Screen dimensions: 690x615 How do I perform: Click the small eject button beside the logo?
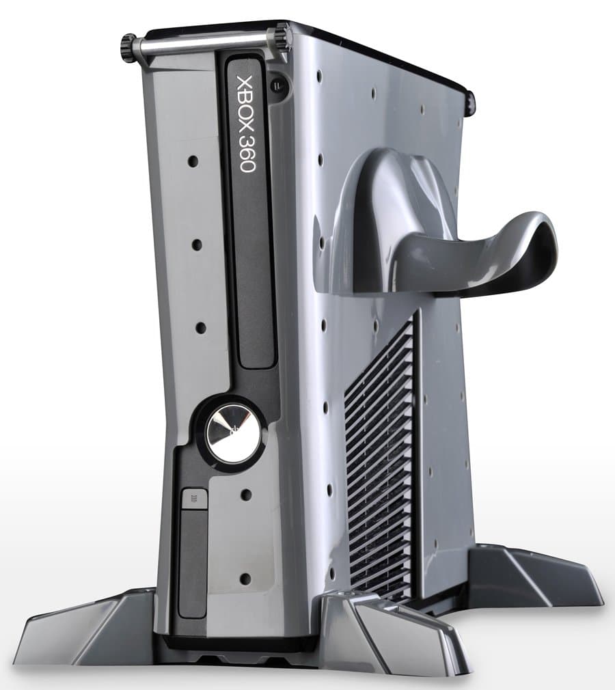pos(276,86)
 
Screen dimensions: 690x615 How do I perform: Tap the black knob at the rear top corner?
pos(470,101)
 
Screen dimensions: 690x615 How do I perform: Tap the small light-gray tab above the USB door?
pos(193,499)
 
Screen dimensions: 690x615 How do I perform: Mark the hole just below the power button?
pos(246,494)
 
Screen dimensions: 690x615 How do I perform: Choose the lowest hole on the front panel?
pos(244,579)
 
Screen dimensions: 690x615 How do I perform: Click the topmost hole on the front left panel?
pos(193,162)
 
